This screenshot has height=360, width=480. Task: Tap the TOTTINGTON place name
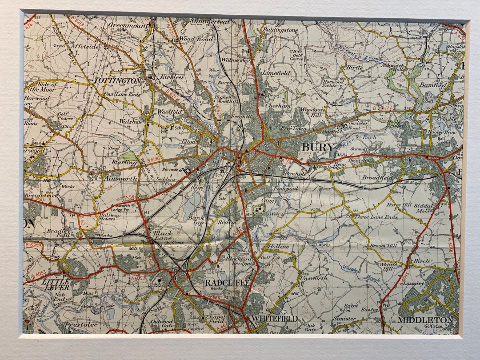tap(117, 81)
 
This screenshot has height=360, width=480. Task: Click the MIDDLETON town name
tap(425, 320)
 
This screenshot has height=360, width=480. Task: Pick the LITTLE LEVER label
tap(56, 284)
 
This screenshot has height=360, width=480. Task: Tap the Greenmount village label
tap(129, 25)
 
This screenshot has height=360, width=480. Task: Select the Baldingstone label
tap(280, 30)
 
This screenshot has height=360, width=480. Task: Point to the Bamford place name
tap(432, 84)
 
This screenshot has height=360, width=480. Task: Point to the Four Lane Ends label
tap(122, 95)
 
